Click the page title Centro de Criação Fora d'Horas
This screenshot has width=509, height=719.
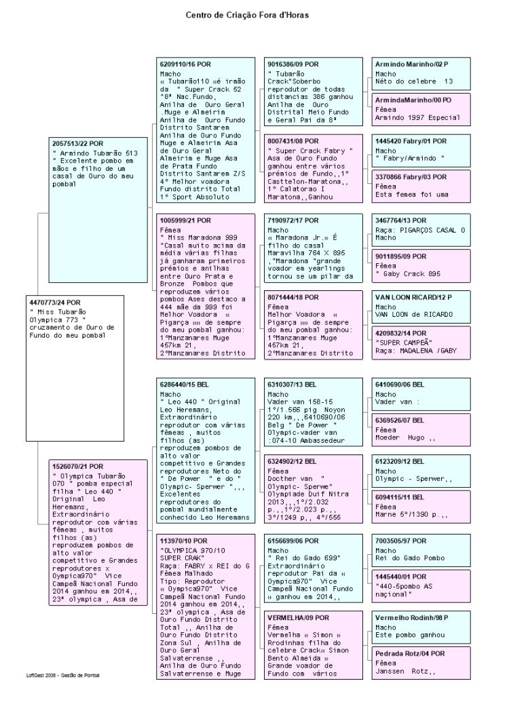pos(254,14)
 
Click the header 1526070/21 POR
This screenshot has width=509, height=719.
pos(78,467)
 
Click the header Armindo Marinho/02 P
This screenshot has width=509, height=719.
pos(412,63)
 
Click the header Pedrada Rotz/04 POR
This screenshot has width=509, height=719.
pos(410,653)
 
